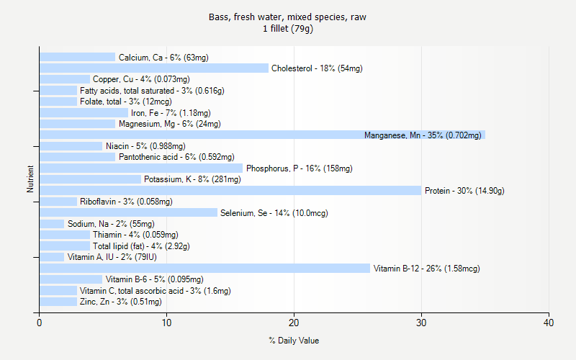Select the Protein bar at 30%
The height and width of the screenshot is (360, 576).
coord(230,190)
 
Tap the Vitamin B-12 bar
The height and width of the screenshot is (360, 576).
coord(205,268)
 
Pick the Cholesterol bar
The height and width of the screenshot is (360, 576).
coord(154,68)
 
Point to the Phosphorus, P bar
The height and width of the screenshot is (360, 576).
coord(141,168)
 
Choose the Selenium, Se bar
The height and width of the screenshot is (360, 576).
coord(128,212)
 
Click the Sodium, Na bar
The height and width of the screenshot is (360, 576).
coord(52,224)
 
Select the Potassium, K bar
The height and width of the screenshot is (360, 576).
coord(90,179)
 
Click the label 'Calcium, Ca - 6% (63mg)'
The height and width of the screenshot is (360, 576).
coord(163,58)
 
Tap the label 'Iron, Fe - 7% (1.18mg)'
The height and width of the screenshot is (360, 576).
coord(171,113)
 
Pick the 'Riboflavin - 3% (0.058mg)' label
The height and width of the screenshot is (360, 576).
coord(126,202)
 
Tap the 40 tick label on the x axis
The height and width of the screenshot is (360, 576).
coord(549,323)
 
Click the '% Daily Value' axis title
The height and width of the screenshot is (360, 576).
coord(294,341)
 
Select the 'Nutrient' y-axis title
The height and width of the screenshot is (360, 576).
coord(30,179)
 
